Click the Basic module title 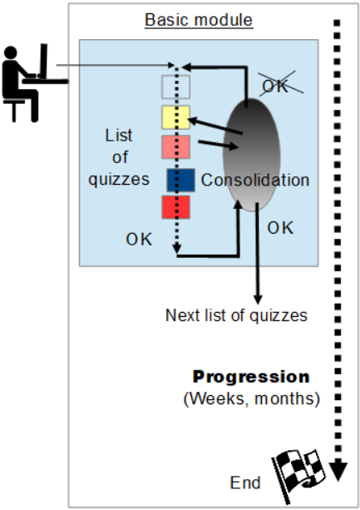click(199, 20)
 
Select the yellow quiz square click(175, 117)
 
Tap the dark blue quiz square click(181, 181)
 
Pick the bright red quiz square click(175, 207)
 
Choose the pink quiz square click(175, 147)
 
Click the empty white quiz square click(175, 87)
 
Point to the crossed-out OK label click(275, 87)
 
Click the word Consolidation click(255, 180)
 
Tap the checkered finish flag click(298, 476)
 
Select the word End click(245, 483)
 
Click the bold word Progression click(251, 377)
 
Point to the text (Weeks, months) click(252, 399)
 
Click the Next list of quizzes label click(236, 315)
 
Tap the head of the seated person click(11, 52)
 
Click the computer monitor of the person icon click(43, 61)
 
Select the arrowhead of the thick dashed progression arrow click(338, 472)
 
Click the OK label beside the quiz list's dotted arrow click(139, 240)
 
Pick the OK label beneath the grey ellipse click(280, 228)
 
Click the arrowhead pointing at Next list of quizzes click(258, 300)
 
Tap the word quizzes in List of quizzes click(119, 180)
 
